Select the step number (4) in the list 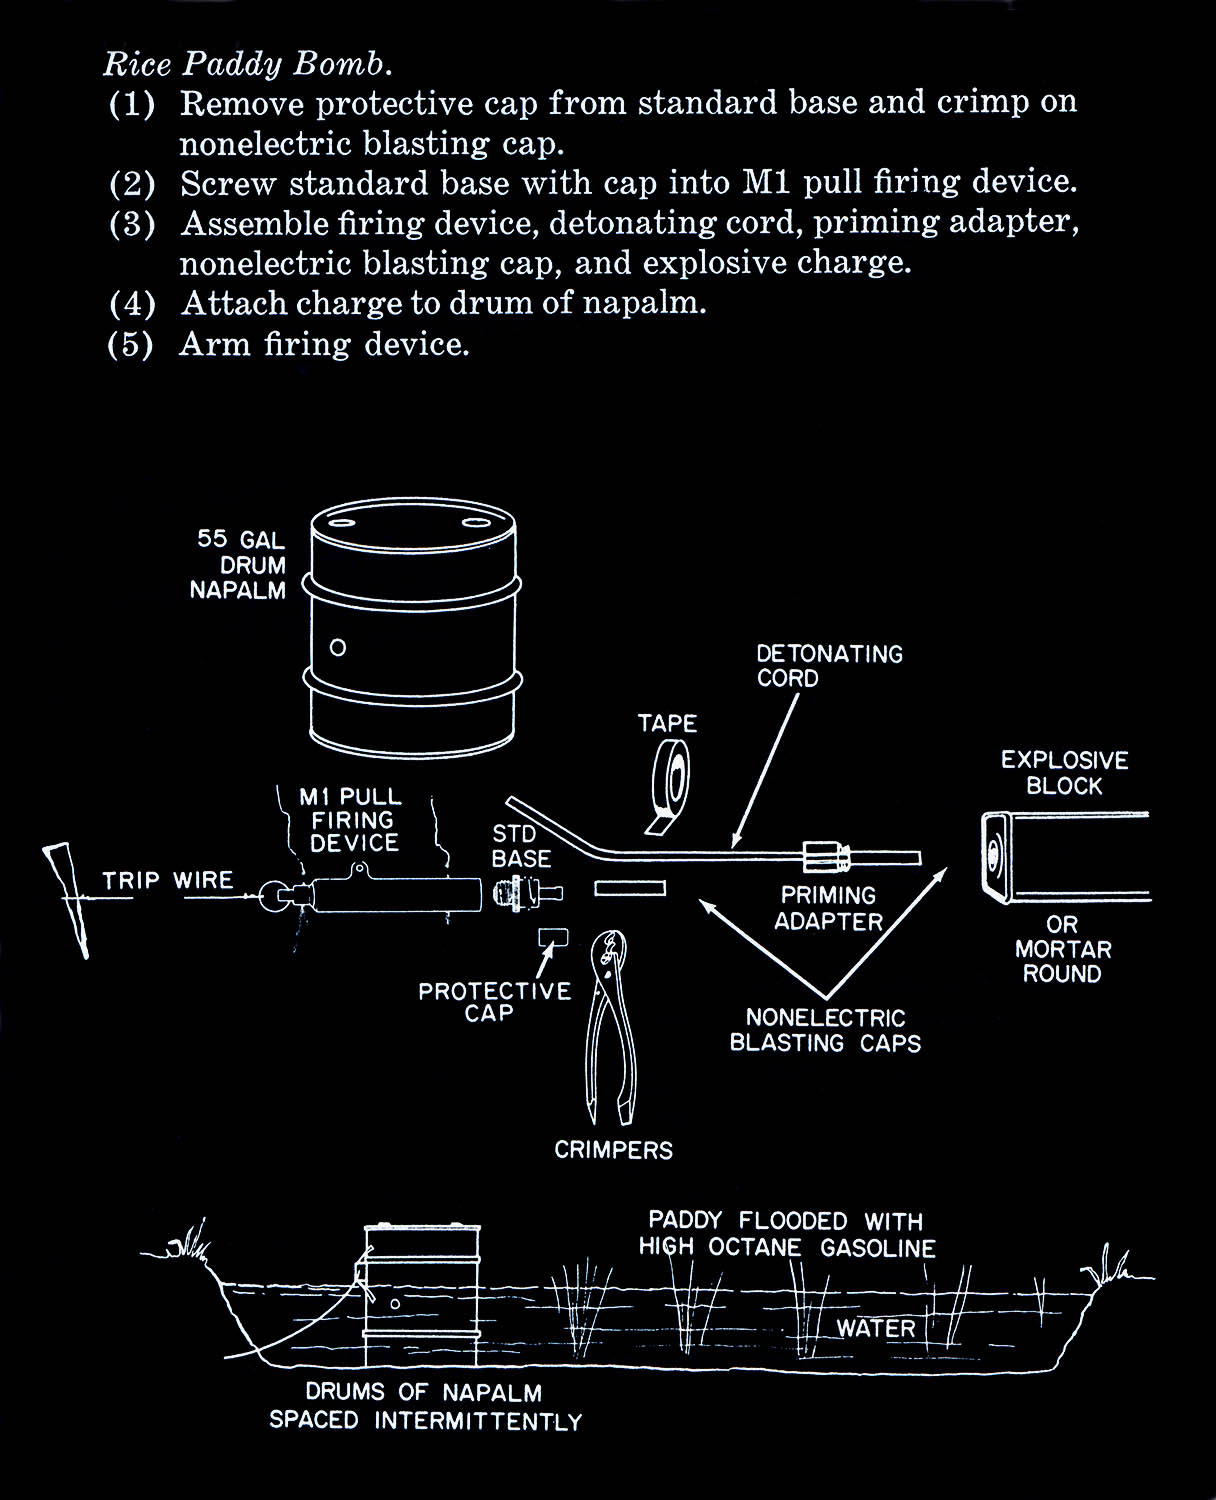[132, 303]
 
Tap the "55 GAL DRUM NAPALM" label [239, 565]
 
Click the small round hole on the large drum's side [338, 647]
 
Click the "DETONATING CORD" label [829, 666]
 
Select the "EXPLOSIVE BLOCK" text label [1064, 773]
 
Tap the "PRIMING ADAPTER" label [828, 908]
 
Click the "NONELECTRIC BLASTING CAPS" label [825, 1031]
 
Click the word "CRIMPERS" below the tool [614, 1150]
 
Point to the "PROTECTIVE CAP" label [494, 1002]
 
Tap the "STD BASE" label [521, 846]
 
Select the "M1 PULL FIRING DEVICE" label [352, 820]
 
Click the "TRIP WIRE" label [168, 881]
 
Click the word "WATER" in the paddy [876, 1329]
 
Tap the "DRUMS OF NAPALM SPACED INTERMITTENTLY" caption [425, 1406]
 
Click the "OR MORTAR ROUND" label [1062, 949]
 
